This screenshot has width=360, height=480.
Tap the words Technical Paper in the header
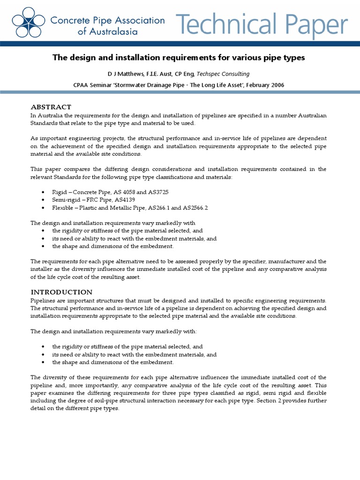(x=262, y=23)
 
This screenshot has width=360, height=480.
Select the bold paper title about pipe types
(x=178, y=58)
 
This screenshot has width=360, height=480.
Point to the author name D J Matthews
(x=129, y=74)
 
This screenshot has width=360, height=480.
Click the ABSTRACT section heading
(x=51, y=107)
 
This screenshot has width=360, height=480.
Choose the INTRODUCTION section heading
(x=61, y=292)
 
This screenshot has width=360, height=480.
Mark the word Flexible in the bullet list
(x=63, y=207)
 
